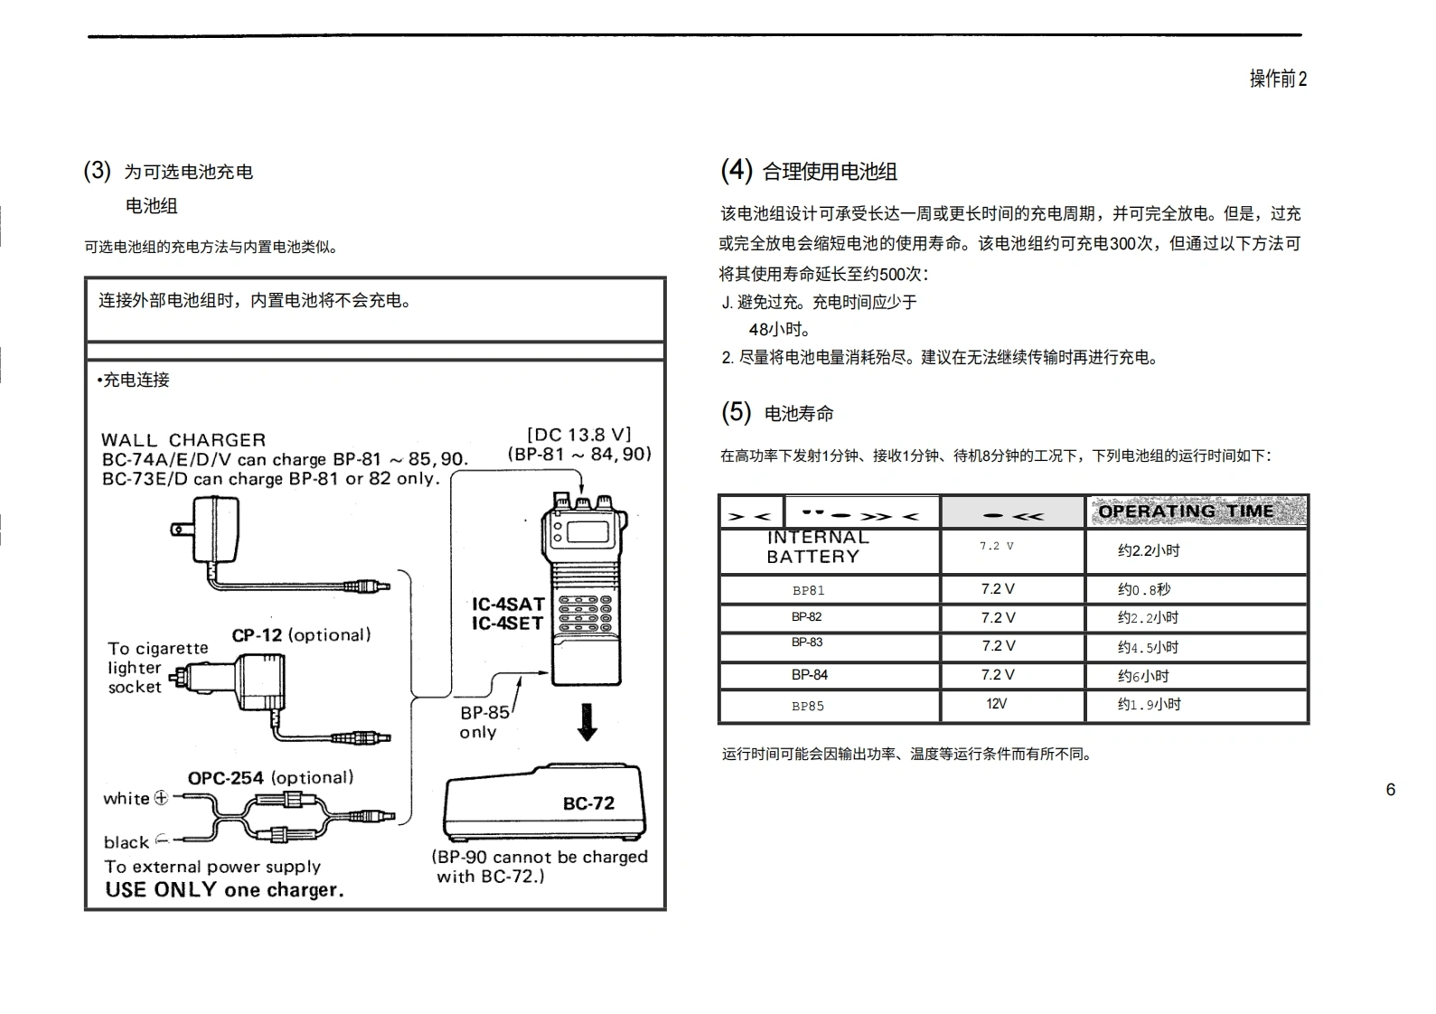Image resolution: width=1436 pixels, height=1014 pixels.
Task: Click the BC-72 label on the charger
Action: click(x=588, y=803)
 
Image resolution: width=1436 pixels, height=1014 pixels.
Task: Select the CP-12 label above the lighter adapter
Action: click(x=257, y=635)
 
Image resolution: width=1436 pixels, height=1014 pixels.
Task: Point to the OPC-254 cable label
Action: click(x=225, y=778)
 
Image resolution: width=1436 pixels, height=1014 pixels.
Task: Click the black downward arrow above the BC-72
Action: click(x=587, y=722)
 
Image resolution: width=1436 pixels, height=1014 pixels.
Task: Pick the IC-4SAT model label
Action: click(x=508, y=604)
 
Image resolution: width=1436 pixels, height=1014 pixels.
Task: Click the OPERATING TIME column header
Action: click(x=1186, y=512)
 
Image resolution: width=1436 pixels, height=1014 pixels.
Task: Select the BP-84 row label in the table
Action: click(x=809, y=675)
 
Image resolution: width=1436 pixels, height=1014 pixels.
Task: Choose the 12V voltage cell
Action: click(x=996, y=704)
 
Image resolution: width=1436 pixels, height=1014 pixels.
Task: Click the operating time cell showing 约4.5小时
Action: click(x=1148, y=647)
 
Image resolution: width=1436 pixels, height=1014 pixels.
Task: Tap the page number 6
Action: click(x=1390, y=790)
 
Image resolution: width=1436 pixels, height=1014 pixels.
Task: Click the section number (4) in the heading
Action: click(x=736, y=170)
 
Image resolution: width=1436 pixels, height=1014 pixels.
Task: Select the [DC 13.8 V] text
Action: click(x=578, y=435)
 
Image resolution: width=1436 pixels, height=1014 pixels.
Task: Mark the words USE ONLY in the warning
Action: click(x=161, y=890)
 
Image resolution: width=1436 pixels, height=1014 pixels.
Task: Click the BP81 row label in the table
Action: click(x=808, y=591)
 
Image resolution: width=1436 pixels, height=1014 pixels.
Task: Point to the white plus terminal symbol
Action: click(x=161, y=798)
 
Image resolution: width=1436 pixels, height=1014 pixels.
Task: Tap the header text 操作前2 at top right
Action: click(x=1278, y=79)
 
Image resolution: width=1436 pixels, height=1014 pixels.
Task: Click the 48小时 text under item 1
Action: click(x=779, y=330)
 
